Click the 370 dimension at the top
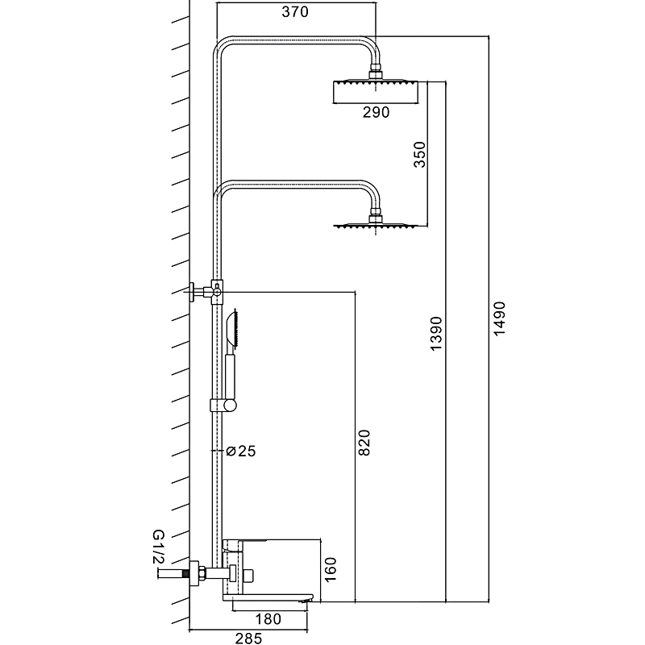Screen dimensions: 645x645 [295, 13]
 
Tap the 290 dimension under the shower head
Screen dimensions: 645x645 [376, 113]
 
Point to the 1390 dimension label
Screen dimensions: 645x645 [436, 333]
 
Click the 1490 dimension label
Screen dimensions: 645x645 [498, 321]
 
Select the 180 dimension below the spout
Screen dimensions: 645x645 [271, 619]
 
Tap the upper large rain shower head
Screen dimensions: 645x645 [376, 91]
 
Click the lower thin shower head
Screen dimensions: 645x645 [376, 227]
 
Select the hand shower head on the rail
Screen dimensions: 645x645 [235, 331]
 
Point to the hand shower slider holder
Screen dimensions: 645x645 [223, 405]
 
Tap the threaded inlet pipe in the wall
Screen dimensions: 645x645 [172, 574]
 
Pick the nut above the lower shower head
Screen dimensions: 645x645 [376, 216]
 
